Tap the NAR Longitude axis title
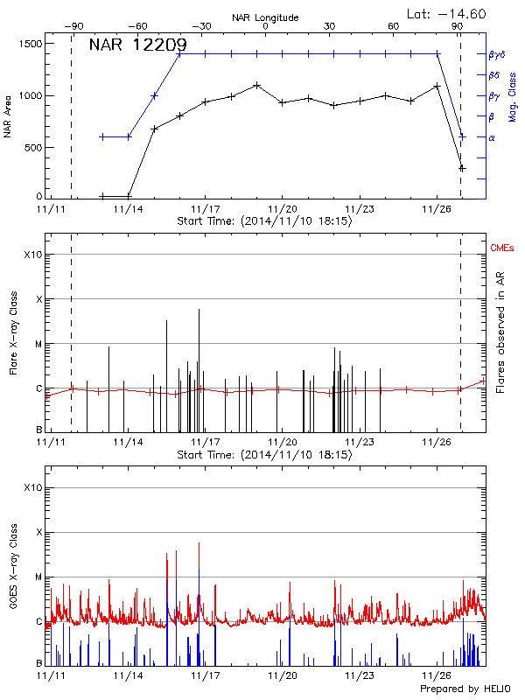coord(265,17)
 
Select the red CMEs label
coord(502,248)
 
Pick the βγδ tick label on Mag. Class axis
coord(496,54)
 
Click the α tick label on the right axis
coord(491,137)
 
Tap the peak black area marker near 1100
coord(256,85)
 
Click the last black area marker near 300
coord(463,167)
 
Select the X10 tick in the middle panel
coord(32,255)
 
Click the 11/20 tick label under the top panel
coord(282,209)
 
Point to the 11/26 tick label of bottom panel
coord(437,675)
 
